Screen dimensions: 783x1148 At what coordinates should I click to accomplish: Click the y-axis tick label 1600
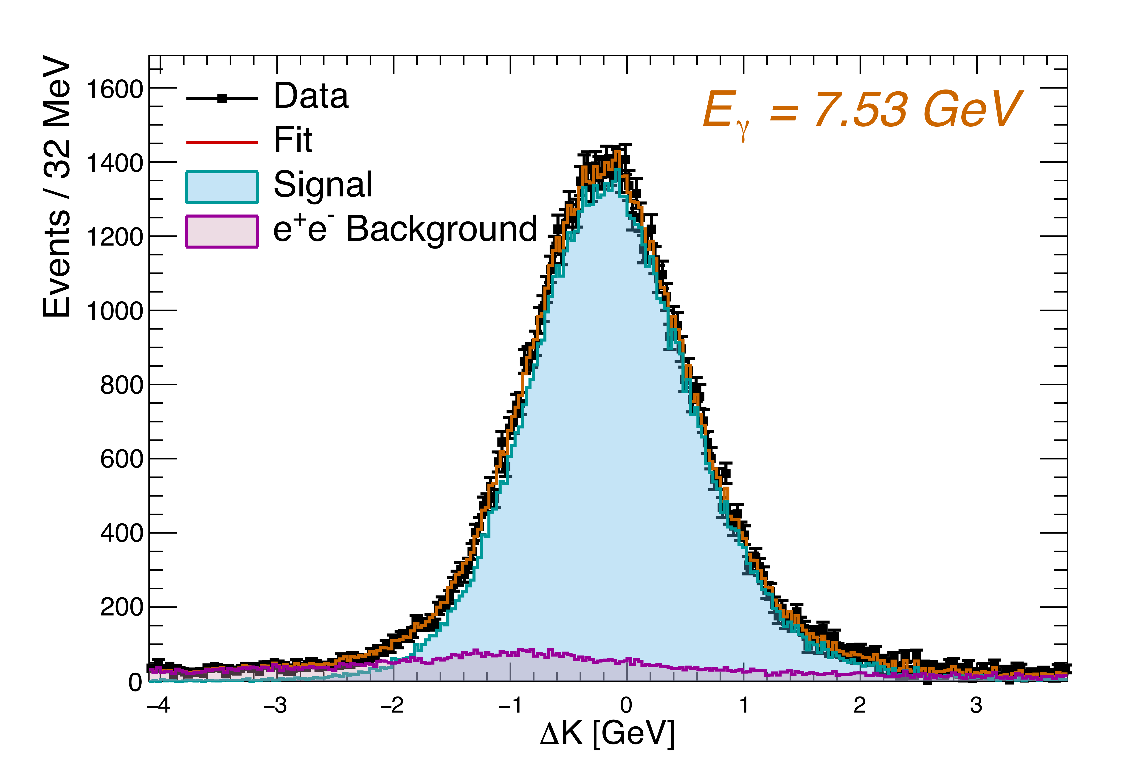point(115,90)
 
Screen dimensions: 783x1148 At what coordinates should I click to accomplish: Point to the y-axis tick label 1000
point(115,311)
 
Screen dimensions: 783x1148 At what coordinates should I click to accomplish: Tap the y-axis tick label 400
point(121,534)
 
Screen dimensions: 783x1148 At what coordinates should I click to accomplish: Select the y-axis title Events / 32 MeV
point(57,187)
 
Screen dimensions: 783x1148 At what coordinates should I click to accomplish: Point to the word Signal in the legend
point(323,185)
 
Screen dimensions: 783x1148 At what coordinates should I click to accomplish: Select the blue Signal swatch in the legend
point(222,187)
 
